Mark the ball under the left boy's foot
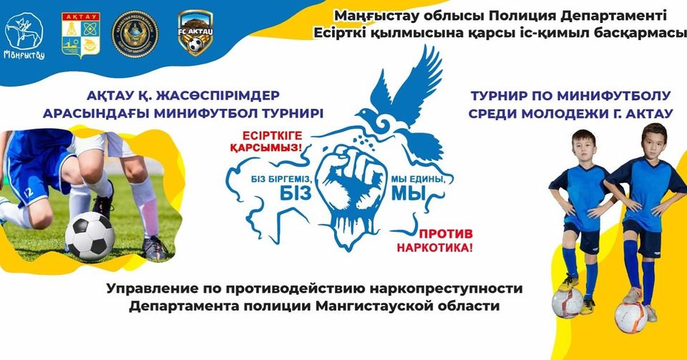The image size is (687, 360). click(567, 301)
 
